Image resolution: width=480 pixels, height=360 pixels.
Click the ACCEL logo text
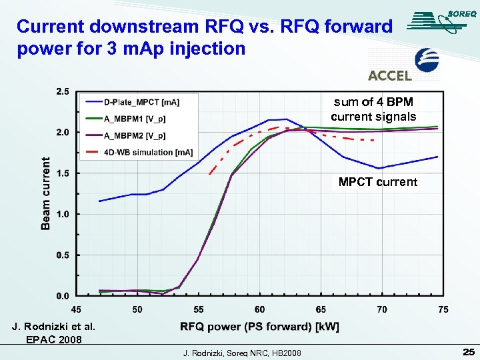(x=390, y=75)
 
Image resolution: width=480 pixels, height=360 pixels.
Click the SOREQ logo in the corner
(x=440, y=21)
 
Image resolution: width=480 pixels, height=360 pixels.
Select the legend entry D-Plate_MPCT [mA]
(x=141, y=102)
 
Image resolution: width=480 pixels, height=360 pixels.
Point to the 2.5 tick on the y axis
(x=61, y=91)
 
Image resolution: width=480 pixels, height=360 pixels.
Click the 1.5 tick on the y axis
(x=61, y=173)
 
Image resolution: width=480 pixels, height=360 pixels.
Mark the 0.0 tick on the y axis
(x=61, y=295)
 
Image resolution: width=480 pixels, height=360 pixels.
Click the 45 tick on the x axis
(x=77, y=309)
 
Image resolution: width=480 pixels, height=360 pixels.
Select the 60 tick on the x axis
(x=260, y=309)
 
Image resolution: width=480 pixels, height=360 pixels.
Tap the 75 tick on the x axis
(x=443, y=309)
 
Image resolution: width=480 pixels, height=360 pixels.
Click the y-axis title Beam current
(x=46, y=193)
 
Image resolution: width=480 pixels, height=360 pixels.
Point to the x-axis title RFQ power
(x=259, y=327)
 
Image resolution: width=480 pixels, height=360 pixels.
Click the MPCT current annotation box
(x=377, y=182)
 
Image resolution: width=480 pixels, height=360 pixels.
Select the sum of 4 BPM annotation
(x=373, y=109)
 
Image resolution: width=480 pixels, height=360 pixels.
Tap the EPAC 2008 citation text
(x=54, y=339)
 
